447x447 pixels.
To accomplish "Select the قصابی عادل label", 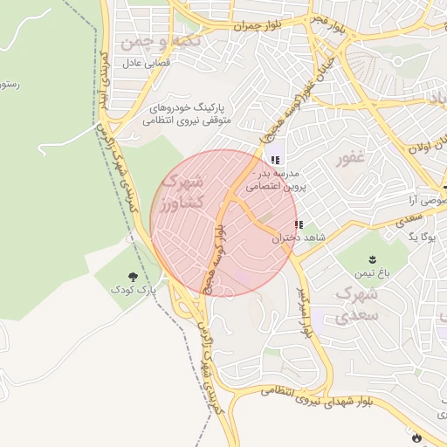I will coord(136,63).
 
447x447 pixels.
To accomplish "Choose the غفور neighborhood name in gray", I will coord(350,159).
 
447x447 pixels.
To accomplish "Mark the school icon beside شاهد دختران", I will coord(299,224).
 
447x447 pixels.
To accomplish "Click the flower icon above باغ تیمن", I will coord(373,259).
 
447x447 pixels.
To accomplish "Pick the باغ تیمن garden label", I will coord(373,273).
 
